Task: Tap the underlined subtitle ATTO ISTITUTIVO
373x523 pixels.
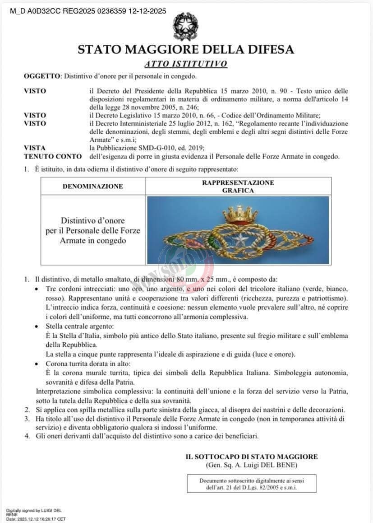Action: tap(186, 64)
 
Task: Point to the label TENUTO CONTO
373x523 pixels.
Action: tap(53, 157)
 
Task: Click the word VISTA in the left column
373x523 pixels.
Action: tap(35, 147)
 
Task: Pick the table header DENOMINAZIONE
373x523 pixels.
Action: tap(92, 186)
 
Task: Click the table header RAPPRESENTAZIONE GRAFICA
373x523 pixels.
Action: tap(238, 186)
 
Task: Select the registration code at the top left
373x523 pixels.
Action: tap(88, 11)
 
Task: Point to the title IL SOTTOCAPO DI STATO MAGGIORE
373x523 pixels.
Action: tap(252, 457)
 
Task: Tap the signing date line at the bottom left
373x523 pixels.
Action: tap(36, 519)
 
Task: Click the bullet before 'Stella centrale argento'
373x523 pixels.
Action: tap(37, 326)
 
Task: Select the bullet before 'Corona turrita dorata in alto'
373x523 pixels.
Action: tap(37, 364)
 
